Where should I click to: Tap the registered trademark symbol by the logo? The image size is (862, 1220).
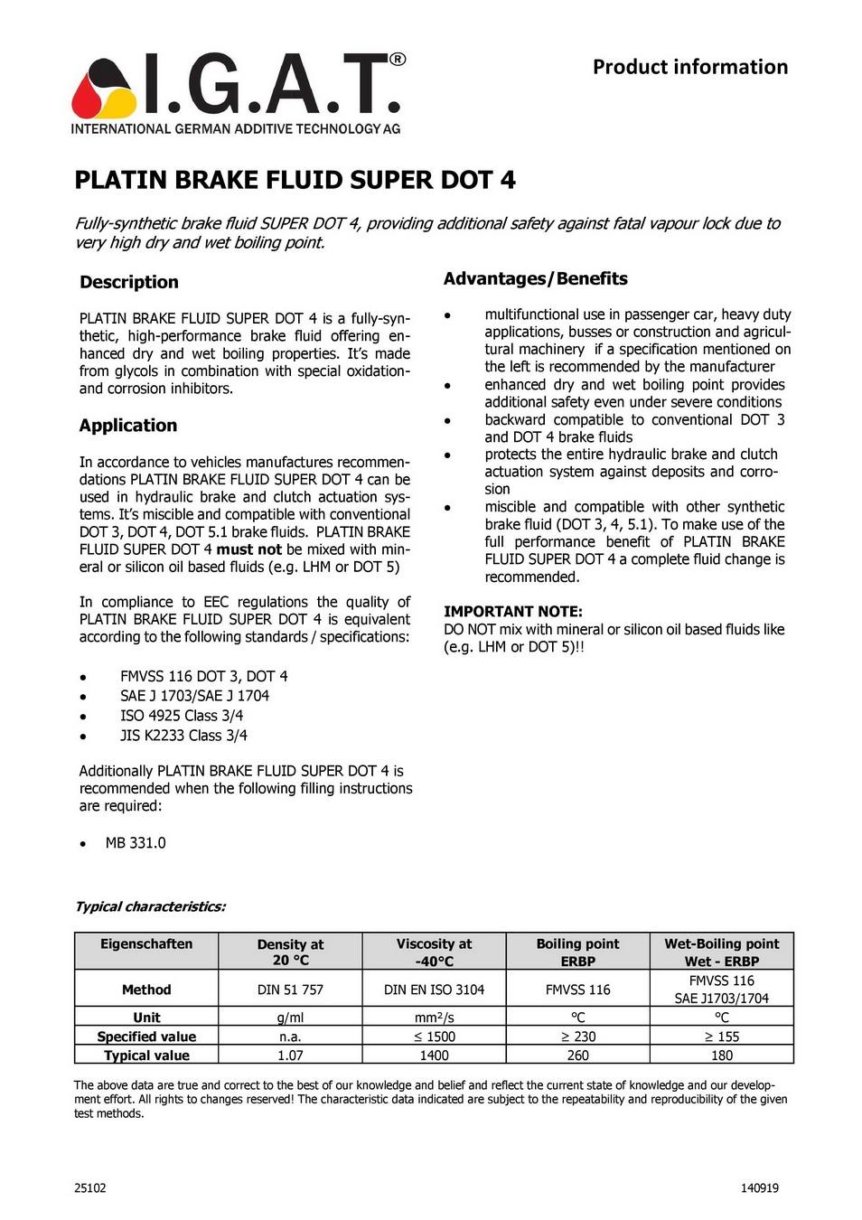click(397, 60)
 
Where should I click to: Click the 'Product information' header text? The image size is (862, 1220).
click(689, 67)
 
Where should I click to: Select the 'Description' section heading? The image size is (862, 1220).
click(129, 282)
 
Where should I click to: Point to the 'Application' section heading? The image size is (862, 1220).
click(128, 426)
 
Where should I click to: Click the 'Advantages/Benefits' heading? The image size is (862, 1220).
click(535, 278)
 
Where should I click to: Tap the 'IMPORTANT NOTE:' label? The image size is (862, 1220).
click(512, 612)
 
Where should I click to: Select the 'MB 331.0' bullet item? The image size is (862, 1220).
click(136, 843)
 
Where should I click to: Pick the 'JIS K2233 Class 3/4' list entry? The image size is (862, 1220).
click(183, 736)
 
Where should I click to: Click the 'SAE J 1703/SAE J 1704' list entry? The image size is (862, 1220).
click(194, 696)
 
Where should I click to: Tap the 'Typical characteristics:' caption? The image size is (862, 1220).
click(150, 906)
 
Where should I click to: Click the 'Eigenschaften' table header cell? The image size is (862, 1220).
click(146, 944)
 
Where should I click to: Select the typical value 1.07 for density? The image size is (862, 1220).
click(290, 1056)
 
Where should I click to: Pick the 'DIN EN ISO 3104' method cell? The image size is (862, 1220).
click(434, 990)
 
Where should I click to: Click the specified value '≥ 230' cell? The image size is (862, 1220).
click(577, 1037)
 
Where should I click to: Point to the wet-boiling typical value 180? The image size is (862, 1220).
click(721, 1056)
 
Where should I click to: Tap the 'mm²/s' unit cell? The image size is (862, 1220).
click(434, 1018)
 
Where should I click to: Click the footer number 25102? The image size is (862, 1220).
click(90, 1188)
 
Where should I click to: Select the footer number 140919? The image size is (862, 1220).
click(759, 1188)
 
